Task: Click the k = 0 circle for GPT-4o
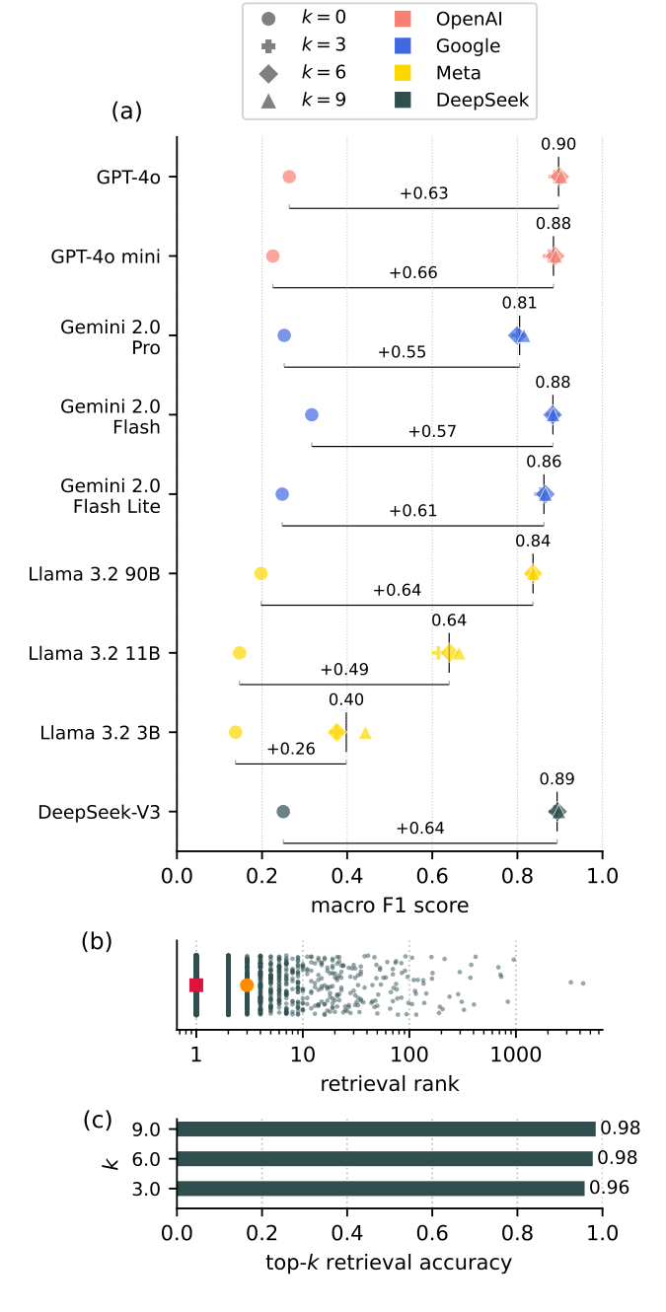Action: [x=289, y=177]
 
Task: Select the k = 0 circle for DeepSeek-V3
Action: [x=283, y=812]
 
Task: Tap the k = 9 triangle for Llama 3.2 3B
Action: [x=365, y=733]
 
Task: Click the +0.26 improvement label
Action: [x=291, y=749]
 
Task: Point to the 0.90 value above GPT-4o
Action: [x=558, y=144]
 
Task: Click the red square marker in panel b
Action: [x=196, y=984]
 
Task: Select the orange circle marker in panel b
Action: [x=247, y=984]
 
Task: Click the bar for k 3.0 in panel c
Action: [x=380, y=1188]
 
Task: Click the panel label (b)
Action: [x=97, y=941]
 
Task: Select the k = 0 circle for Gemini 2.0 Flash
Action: [x=312, y=414]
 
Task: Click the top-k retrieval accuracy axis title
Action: [x=390, y=1262]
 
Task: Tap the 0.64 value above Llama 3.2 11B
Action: [x=449, y=620]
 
